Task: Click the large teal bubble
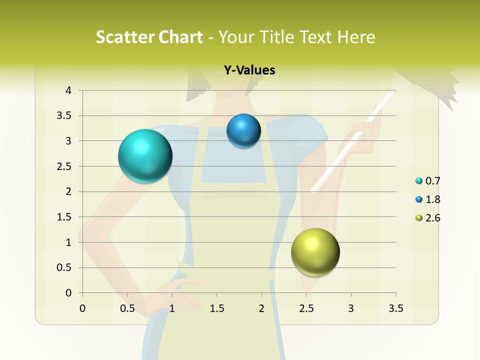click(145, 156)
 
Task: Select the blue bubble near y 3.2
click(243, 131)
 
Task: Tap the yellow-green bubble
click(315, 252)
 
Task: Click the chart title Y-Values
click(249, 70)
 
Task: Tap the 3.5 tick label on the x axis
click(395, 308)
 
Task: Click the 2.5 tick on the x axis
click(306, 308)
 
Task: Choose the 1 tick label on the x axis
click(172, 308)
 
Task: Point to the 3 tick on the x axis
click(351, 308)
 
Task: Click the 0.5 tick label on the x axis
click(127, 308)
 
